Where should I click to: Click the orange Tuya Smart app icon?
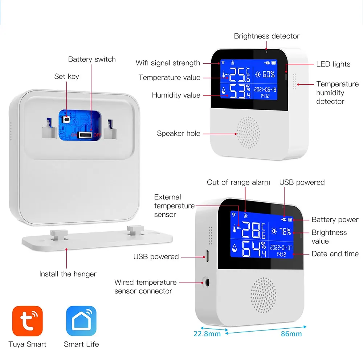pyautogui.click(x=28, y=321)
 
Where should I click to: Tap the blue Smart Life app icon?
pyautogui.click(x=81, y=321)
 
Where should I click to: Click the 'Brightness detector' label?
pyautogui.click(x=266, y=36)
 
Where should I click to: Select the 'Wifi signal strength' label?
pyautogui.click(x=168, y=63)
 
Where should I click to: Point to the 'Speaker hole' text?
pyautogui.click(x=179, y=133)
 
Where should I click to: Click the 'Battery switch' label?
pyautogui.click(x=92, y=59)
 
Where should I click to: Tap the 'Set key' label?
pyautogui.click(x=66, y=76)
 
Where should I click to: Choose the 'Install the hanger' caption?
pyautogui.click(x=68, y=274)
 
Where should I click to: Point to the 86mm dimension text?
pyautogui.click(x=291, y=333)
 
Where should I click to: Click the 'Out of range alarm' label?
pyautogui.click(x=238, y=182)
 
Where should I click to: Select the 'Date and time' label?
pyautogui.click(x=335, y=254)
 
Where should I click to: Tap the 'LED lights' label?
pyautogui.click(x=333, y=64)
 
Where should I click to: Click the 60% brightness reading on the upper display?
pyautogui.click(x=265, y=74)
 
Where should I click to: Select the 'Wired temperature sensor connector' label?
pyautogui.click(x=146, y=287)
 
